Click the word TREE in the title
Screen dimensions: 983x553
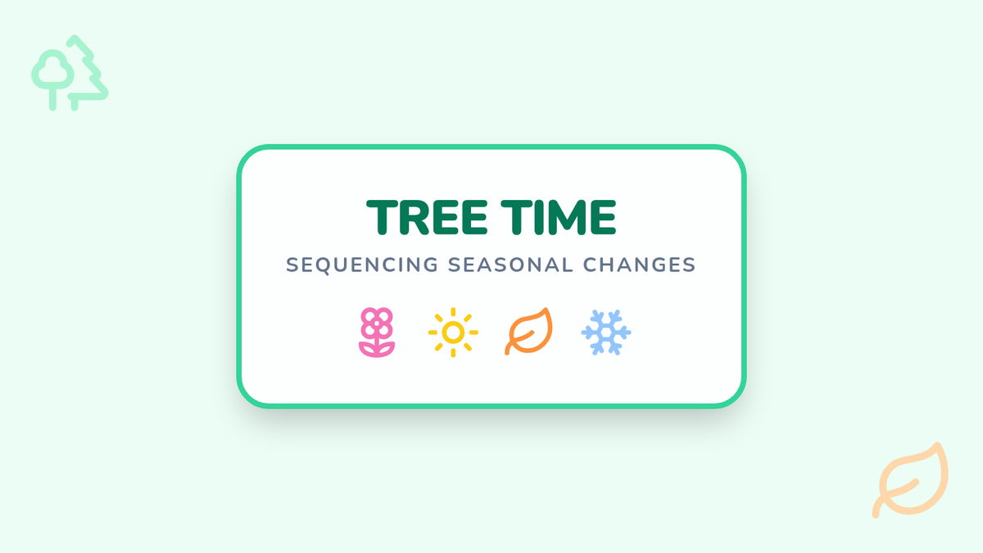coord(427,217)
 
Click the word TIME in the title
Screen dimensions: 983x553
coord(559,217)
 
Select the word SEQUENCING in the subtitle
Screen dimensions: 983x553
coord(362,265)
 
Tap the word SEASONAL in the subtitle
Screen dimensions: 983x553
coord(510,265)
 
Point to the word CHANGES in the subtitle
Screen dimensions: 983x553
coord(640,265)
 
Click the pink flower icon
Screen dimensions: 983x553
coord(377,333)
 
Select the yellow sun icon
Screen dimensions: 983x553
coord(453,333)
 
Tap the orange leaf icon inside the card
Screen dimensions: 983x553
coord(529,331)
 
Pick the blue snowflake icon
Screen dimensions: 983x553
coord(606,333)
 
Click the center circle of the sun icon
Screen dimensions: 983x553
coord(453,333)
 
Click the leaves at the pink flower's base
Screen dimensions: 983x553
coord(377,350)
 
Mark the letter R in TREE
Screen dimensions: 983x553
coord(413,218)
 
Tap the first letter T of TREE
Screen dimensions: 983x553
coord(383,218)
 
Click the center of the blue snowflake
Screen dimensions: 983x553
coord(606,333)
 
